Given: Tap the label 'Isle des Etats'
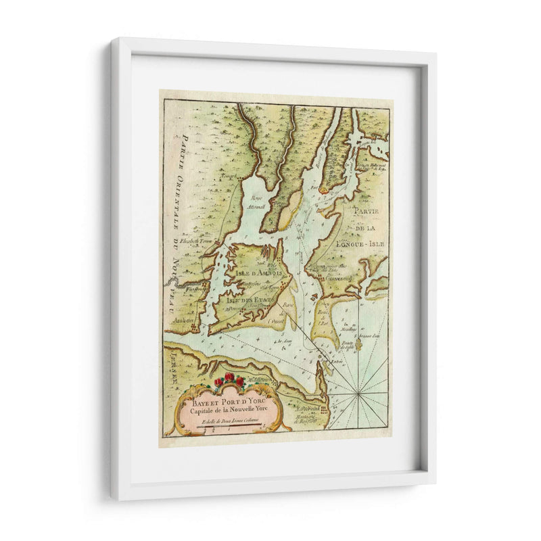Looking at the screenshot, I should [250, 295].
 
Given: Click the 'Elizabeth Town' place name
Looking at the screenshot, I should [187, 240].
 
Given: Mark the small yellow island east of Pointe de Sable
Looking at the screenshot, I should [359, 346].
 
